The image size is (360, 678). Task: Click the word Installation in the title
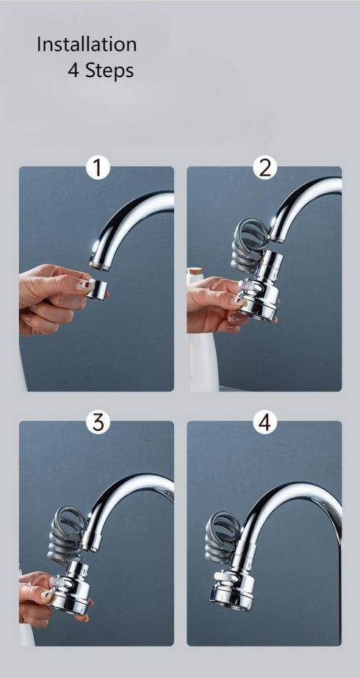click(87, 45)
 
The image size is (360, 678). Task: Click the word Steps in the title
click(110, 71)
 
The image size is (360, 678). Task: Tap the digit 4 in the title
click(73, 71)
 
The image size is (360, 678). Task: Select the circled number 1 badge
click(98, 167)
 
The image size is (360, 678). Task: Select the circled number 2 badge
click(265, 167)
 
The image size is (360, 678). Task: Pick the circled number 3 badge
click(98, 422)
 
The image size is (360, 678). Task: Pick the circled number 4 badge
click(265, 422)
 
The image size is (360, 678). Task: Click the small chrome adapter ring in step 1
click(96, 289)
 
